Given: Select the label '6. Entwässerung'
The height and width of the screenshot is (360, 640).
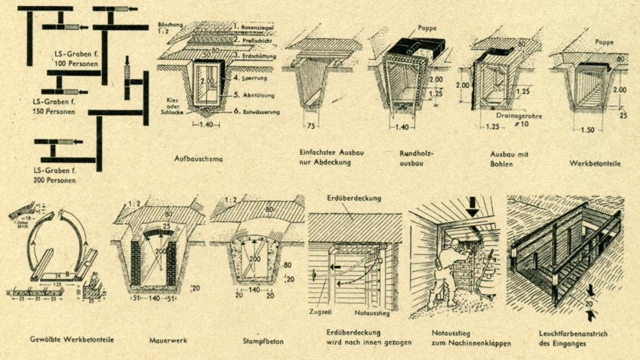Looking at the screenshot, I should pyautogui.click(x=257, y=112).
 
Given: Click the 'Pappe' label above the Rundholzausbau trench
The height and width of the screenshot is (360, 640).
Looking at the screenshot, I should pyautogui.click(x=428, y=28).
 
